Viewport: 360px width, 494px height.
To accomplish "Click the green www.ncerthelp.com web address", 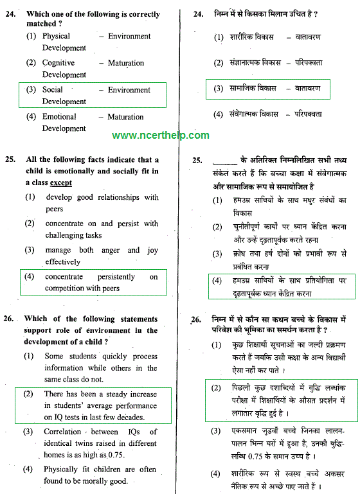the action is point(161,136).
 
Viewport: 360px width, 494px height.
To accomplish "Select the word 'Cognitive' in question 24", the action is point(59,63).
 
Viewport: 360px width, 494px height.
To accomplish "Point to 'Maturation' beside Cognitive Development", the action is point(126,63).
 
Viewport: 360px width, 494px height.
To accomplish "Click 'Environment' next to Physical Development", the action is point(129,36).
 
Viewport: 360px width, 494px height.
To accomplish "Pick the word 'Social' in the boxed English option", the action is point(53,90).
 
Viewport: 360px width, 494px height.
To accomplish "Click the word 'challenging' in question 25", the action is point(64,235).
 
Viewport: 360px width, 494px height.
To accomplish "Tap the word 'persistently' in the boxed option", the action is point(107,277).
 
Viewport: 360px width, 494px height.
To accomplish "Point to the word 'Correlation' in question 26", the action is point(63,432).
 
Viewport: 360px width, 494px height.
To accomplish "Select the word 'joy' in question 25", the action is point(152,250).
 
